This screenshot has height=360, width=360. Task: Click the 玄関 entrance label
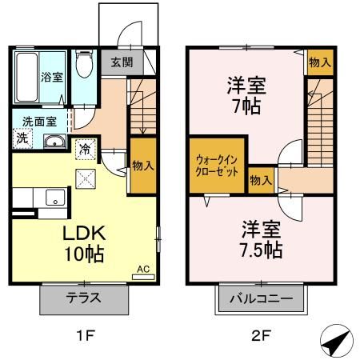(122, 62)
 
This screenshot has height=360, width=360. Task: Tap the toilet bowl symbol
(84, 63)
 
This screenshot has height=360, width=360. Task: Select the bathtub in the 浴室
(26, 77)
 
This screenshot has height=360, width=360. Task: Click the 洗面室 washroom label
(39, 122)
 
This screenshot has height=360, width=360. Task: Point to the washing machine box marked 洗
(22, 138)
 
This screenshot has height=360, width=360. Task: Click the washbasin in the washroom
(55, 141)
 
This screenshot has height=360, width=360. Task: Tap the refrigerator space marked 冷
(86, 150)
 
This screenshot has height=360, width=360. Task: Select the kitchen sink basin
(55, 198)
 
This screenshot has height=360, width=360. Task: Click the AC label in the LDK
(143, 269)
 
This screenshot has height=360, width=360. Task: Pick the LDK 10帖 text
(84, 243)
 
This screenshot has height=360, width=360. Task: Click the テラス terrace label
(84, 298)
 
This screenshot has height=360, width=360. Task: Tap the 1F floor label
(86, 335)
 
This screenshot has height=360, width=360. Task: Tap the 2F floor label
(262, 335)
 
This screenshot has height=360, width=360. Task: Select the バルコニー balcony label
(262, 298)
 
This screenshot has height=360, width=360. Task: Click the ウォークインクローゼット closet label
(217, 166)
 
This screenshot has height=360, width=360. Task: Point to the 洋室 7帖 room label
(246, 96)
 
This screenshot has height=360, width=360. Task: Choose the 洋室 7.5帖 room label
(262, 239)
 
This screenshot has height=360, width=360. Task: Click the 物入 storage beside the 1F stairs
(143, 166)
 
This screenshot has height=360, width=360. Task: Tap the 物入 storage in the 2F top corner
(320, 62)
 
